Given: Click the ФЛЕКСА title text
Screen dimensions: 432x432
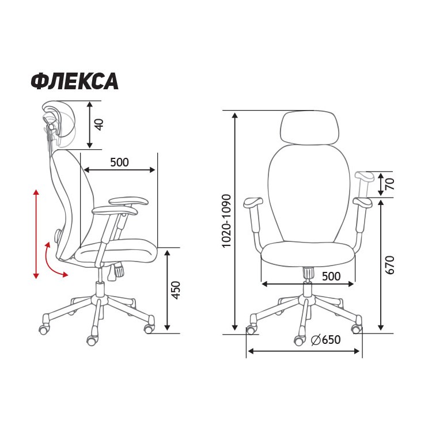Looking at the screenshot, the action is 74,82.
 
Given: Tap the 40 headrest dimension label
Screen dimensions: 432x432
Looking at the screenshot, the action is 98,124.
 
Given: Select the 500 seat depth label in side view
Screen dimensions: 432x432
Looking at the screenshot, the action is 119,162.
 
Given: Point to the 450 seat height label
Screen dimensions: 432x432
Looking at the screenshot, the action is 176,290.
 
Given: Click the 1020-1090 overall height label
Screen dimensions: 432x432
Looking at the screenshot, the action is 226,221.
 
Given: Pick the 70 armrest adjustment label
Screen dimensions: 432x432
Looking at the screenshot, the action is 389,184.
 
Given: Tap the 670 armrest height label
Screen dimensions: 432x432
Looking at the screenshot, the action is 389,265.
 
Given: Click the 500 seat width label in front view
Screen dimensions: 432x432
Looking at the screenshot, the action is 331,276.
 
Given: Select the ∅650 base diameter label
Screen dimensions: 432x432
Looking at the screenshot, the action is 325,340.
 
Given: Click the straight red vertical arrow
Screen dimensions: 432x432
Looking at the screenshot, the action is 36,234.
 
